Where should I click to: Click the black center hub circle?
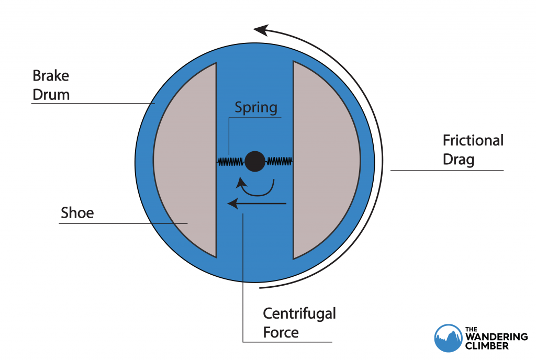[255, 161]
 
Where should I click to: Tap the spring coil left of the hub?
[231, 162]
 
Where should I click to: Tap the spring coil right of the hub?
[279, 161]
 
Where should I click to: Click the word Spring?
[255, 108]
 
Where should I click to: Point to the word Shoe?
[77, 212]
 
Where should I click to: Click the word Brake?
[51, 76]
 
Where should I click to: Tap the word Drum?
[51, 95]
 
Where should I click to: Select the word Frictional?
[473, 140]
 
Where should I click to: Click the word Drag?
[459, 159]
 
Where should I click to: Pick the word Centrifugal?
[299, 313]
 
